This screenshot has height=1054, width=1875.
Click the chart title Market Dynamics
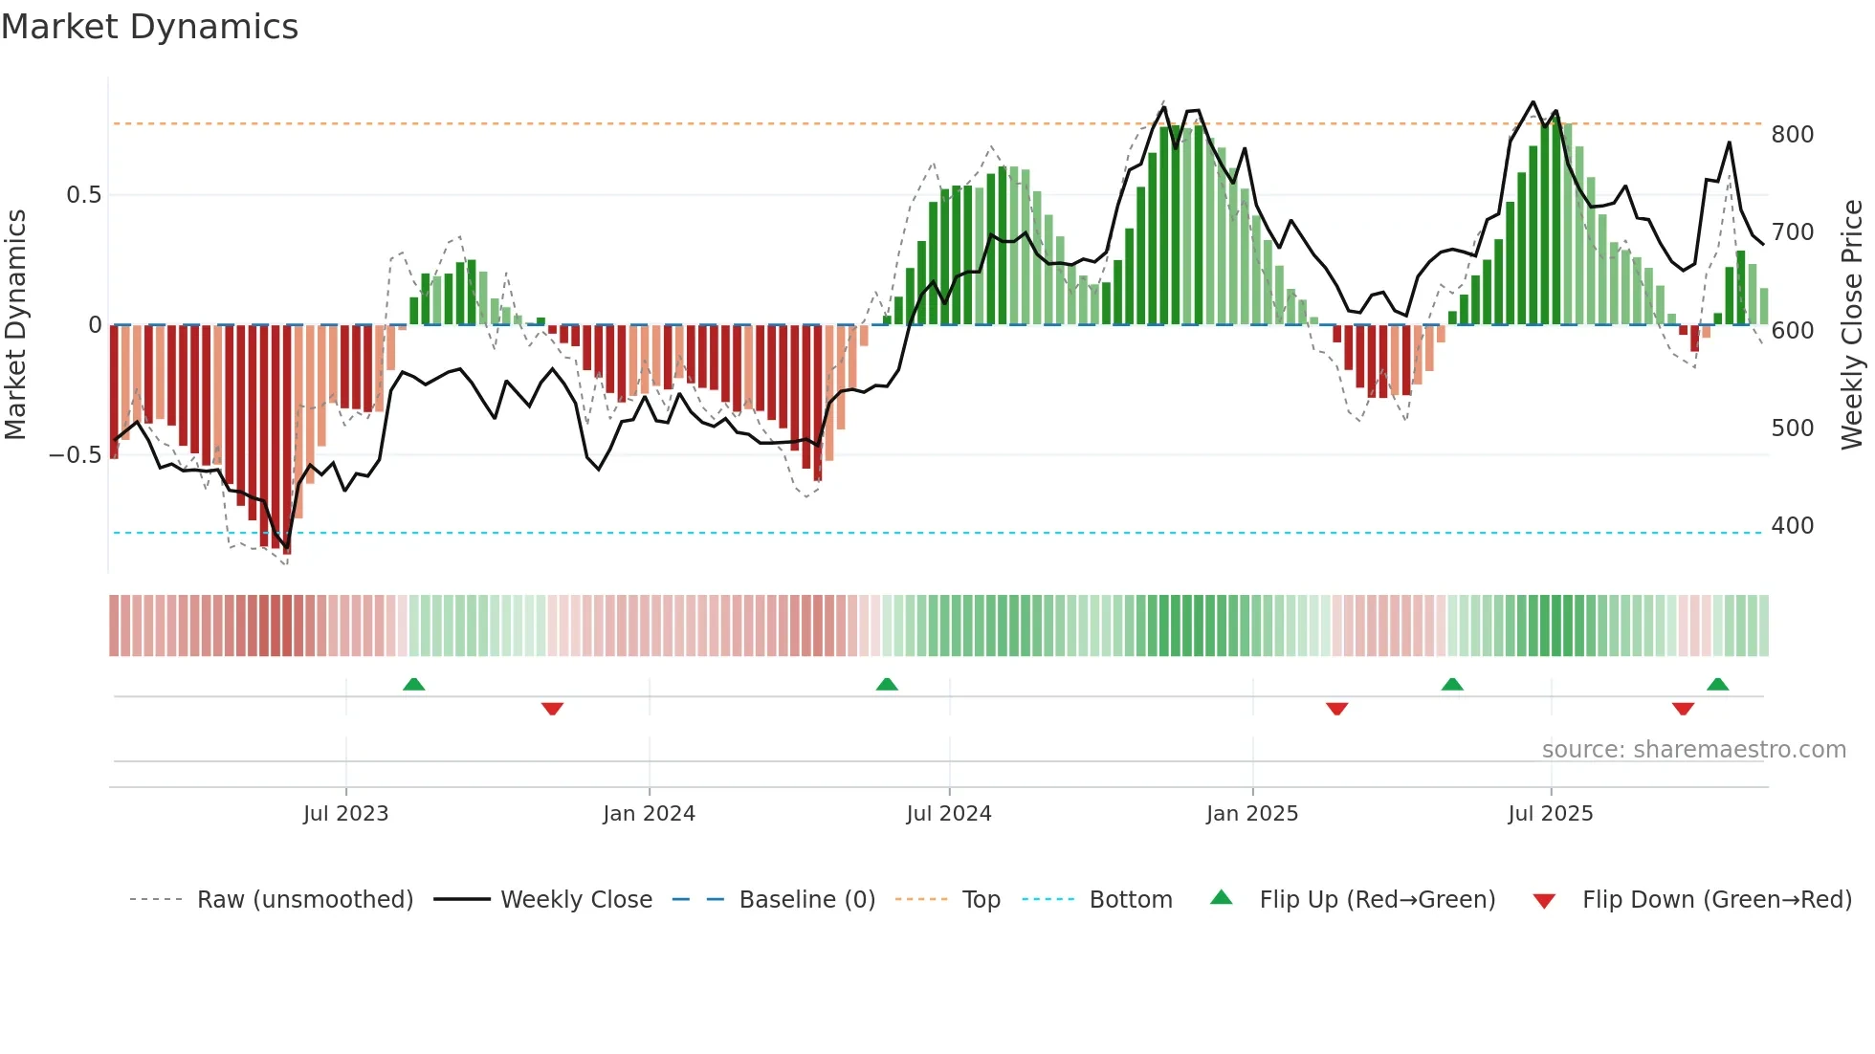tap(150, 27)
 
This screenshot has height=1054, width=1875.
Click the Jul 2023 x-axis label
tap(345, 814)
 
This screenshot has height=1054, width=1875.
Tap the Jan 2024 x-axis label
tap(649, 814)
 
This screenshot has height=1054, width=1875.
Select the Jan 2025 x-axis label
tap(1251, 814)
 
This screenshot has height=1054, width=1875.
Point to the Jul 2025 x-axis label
tap(1550, 814)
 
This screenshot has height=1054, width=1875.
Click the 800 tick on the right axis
tap(1792, 135)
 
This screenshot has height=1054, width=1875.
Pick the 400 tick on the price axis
tap(1792, 526)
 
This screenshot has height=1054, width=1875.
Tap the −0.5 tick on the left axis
tap(75, 455)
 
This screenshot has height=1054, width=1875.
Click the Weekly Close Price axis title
tap(1852, 325)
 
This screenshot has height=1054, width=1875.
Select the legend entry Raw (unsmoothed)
tap(304, 900)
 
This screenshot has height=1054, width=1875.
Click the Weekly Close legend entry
tap(576, 900)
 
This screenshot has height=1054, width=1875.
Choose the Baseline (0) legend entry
tap(806, 900)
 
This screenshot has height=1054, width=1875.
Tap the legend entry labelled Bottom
tap(1130, 900)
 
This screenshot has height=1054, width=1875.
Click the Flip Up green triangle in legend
tap(1222, 898)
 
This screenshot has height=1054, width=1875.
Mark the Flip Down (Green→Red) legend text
tap(1716, 900)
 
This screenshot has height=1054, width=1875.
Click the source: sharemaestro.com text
tap(1693, 750)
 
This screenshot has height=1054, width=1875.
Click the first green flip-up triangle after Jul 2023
tap(413, 685)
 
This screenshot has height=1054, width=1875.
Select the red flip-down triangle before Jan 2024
tap(552, 709)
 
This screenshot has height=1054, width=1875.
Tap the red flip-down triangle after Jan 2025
tap(1336, 709)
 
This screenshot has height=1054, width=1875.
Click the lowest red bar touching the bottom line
tap(287, 545)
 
